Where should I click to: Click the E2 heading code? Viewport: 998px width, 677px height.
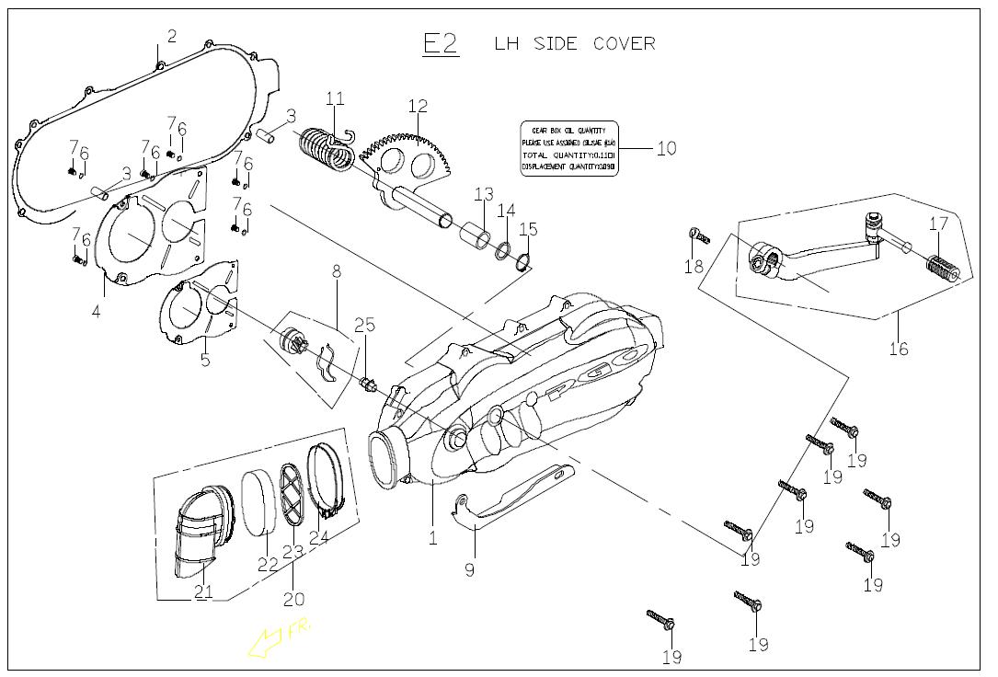pyautogui.click(x=440, y=43)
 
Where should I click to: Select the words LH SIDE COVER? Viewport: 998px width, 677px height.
pyautogui.click(x=575, y=43)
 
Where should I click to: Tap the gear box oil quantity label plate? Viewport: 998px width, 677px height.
pyautogui.click(x=568, y=149)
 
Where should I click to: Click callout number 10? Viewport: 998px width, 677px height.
pyautogui.click(x=666, y=148)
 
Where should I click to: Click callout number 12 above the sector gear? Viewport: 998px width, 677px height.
pyautogui.click(x=418, y=106)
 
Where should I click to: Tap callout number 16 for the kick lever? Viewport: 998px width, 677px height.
pyautogui.click(x=898, y=348)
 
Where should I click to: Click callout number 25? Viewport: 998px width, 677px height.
pyautogui.click(x=364, y=325)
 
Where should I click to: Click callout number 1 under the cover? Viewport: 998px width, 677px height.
pyautogui.click(x=432, y=538)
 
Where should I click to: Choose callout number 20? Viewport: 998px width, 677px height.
pyautogui.click(x=293, y=599)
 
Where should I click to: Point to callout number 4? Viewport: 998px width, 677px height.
pyautogui.click(x=96, y=311)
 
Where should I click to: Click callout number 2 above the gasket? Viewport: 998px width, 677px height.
pyautogui.click(x=171, y=37)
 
